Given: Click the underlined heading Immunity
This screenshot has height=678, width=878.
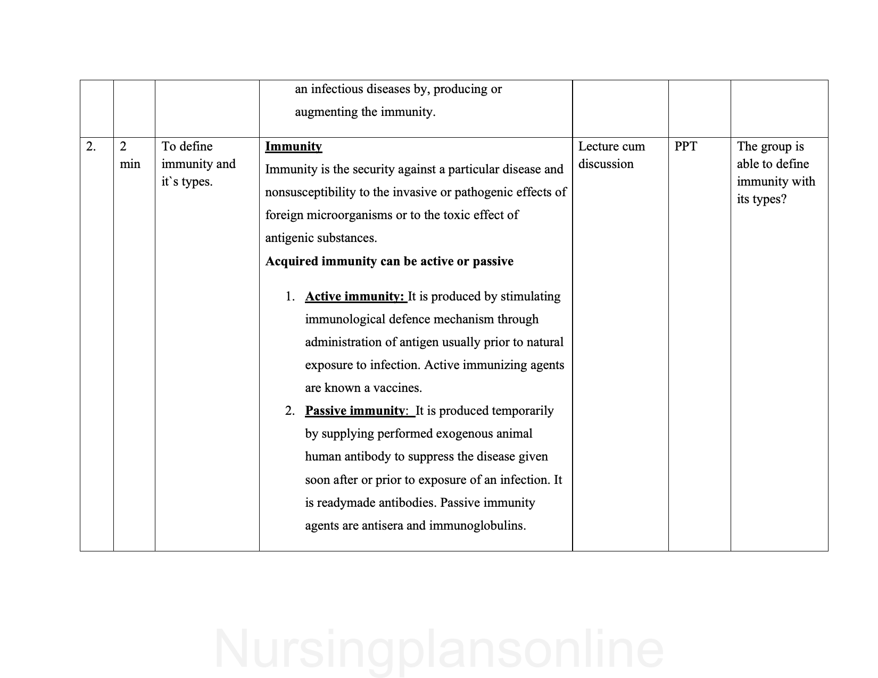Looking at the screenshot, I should click(x=293, y=146).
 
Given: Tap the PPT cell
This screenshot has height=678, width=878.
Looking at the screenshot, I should click(x=685, y=146).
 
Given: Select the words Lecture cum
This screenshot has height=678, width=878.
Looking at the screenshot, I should click(x=611, y=146).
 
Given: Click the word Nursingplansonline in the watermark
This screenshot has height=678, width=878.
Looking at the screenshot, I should click(x=439, y=649).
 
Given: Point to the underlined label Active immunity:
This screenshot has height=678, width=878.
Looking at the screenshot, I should click(x=355, y=296).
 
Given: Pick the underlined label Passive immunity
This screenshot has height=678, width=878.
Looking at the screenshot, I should click(x=354, y=411).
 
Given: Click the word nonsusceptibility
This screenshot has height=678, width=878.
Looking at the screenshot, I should click(x=311, y=192).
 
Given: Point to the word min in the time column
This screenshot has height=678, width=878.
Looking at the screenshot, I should click(x=130, y=164).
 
